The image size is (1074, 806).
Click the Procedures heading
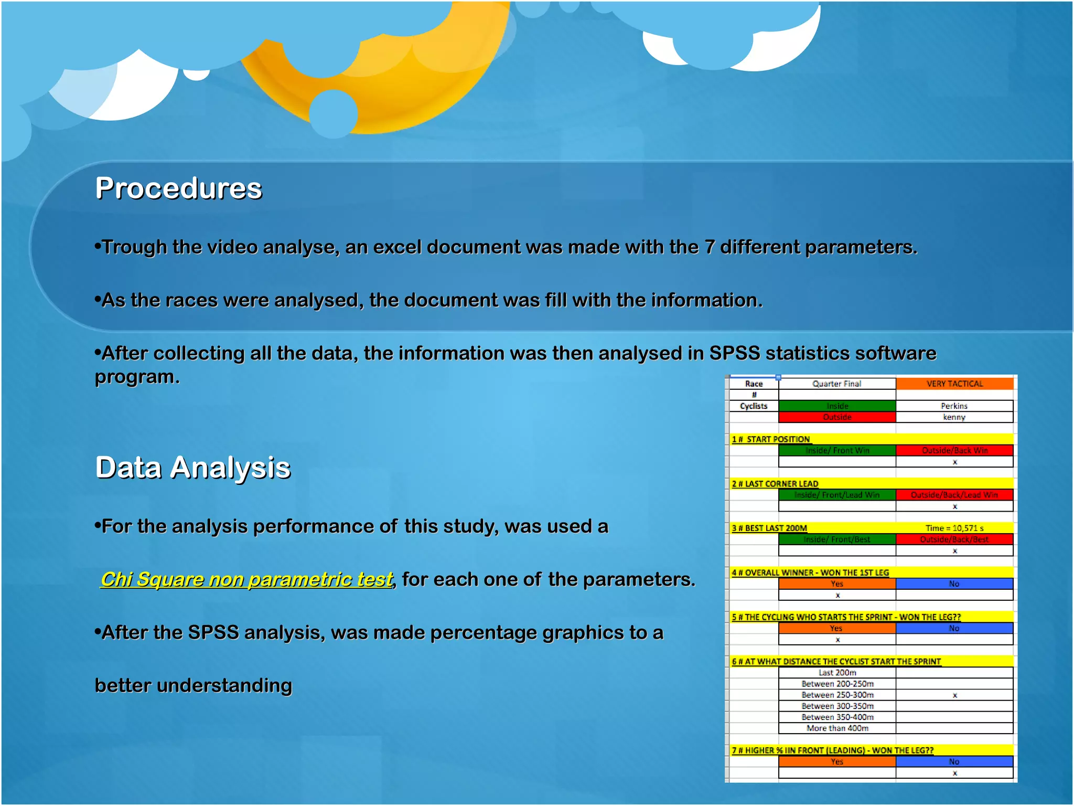(x=178, y=188)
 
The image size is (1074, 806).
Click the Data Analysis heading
(x=192, y=468)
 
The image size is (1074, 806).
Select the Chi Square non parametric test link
(x=246, y=579)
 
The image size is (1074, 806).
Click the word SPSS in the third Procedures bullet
(x=734, y=353)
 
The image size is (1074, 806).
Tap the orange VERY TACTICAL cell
(x=954, y=384)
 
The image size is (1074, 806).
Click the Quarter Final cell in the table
(x=837, y=384)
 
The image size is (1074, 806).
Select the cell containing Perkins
(x=954, y=406)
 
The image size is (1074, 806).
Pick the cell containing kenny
(x=954, y=417)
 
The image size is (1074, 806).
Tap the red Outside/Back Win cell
(x=954, y=450)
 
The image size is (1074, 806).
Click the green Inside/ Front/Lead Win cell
(x=837, y=495)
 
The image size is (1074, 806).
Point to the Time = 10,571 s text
(x=954, y=528)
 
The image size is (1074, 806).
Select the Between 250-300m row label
(x=837, y=695)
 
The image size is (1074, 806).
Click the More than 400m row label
(x=837, y=728)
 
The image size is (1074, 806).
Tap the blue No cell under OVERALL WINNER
(x=954, y=584)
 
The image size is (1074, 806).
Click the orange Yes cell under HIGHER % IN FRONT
(x=837, y=761)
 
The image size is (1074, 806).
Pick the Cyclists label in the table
(x=754, y=406)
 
